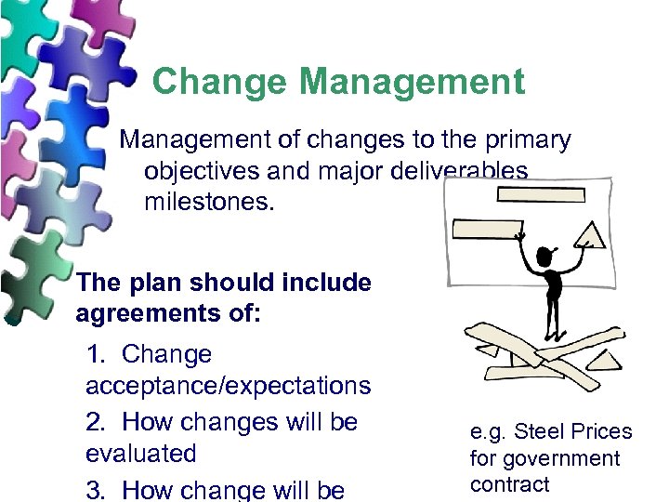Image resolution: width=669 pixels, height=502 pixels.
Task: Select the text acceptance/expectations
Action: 228,385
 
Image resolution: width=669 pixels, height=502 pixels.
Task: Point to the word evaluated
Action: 141,454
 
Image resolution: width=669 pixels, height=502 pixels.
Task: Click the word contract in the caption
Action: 509,484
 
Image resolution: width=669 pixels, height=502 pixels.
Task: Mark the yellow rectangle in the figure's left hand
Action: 487,230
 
